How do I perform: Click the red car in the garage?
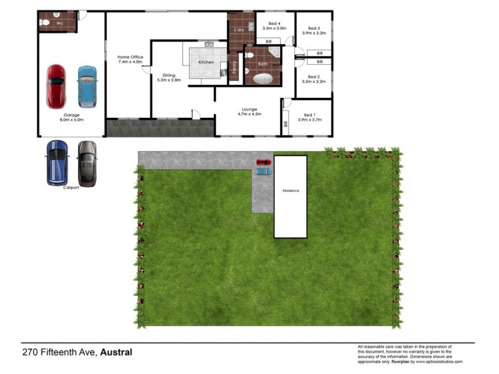click(56, 86)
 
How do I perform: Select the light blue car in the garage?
click(87, 87)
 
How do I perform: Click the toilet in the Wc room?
click(45, 23)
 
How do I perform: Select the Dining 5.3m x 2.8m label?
click(168, 77)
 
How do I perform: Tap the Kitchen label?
click(206, 62)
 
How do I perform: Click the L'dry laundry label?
click(238, 30)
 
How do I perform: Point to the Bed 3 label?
click(314, 28)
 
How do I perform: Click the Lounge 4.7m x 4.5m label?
click(248, 112)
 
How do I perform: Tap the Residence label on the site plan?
click(291, 190)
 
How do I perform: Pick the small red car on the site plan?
click(264, 163)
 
